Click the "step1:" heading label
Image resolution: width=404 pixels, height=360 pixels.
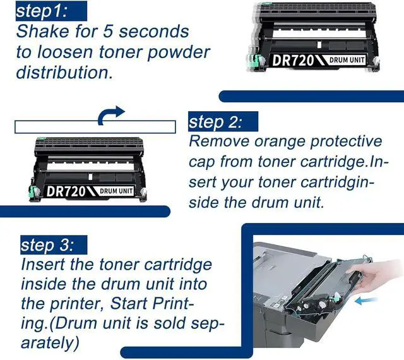click(x=42, y=11)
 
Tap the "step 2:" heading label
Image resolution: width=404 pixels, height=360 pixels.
click(x=215, y=122)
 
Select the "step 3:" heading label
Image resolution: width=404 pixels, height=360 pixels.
click(x=47, y=245)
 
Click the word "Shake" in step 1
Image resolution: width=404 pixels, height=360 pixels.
click(x=43, y=32)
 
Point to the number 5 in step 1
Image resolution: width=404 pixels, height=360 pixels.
click(x=108, y=32)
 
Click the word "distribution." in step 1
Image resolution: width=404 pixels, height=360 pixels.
click(x=64, y=72)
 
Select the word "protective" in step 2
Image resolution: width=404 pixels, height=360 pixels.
click(x=347, y=142)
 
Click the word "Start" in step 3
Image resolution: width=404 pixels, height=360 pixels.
click(x=129, y=303)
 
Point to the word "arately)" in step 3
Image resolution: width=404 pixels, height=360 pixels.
click(x=50, y=343)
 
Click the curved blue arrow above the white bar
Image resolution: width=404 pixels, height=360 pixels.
click(x=111, y=115)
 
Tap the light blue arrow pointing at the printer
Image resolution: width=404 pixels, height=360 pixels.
click(x=366, y=300)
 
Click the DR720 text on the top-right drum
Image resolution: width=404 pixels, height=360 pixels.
click(x=293, y=61)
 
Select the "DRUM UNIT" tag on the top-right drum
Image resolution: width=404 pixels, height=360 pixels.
click(x=347, y=60)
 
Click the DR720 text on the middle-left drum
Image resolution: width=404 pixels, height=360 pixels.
click(x=66, y=191)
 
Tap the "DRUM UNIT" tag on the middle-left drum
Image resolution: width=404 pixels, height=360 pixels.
click(x=116, y=191)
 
